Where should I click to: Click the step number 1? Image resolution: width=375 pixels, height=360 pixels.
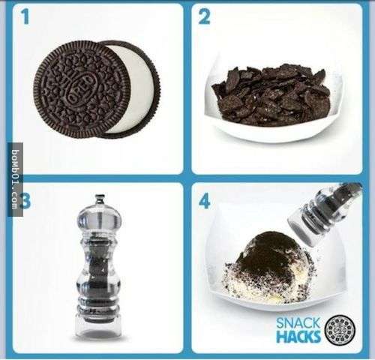(25, 16)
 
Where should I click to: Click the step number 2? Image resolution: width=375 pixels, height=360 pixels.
(204, 16)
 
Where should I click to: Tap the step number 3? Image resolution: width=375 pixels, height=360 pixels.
(26, 201)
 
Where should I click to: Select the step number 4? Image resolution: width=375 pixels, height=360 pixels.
(204, 201)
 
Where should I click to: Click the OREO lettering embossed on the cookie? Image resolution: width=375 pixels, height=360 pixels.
(82, 88)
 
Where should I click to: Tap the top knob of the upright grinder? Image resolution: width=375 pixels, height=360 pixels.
(100, 199)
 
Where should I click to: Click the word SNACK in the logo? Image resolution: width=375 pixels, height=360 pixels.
(298, 323)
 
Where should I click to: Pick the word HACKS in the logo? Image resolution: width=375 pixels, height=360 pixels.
(298, 336)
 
